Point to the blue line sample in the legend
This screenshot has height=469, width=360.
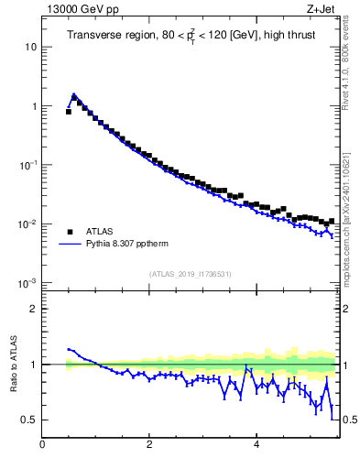[x=70, y=245]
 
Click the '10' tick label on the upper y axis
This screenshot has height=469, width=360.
[x=29, y=47]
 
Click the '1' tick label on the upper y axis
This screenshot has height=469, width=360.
[x=33, y=106]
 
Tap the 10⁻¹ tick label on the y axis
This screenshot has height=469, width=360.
[x=27, y=165]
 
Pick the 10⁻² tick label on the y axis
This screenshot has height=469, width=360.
[x=27, y=224]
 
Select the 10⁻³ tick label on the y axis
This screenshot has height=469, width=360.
[x=27, y=283]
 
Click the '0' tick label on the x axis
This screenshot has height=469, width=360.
[x=42, y=445]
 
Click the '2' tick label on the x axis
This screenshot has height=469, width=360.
[x=148, y=445]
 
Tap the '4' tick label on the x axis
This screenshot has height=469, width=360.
[x=256, y=445]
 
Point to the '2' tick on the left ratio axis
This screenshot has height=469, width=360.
[x=33, y=309]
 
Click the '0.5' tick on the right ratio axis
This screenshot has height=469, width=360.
[x=346, y=420]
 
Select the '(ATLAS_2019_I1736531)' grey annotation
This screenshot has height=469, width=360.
[x=189, y=274]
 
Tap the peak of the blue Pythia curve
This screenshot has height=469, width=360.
[x=74, y=94]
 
